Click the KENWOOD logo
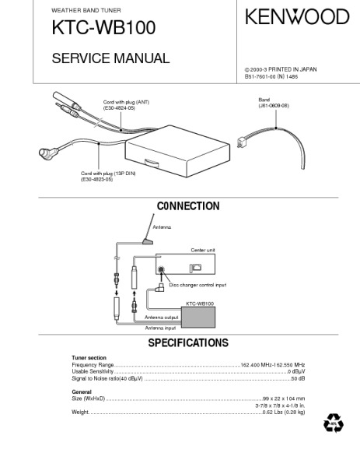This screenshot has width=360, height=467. coord(297,16)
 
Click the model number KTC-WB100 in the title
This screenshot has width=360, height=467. coord(103,28)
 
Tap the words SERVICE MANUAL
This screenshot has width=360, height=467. coord(110,58)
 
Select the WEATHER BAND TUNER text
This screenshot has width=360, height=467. coord(86,10)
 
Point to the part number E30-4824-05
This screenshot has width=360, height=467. coord(119,108)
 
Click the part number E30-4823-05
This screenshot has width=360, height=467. coord(96,180)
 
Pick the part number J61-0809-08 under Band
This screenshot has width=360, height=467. coord(274,105)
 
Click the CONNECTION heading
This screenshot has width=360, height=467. coord(188,206)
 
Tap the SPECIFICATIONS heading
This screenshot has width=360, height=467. coord(188,342)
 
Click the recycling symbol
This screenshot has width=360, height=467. coord(334,423)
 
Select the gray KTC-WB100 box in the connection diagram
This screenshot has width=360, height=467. coord(198,318)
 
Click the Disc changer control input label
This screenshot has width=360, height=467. coord(197,285)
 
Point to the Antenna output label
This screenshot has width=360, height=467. coord(162,318)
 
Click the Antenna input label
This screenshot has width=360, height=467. coord(160,328)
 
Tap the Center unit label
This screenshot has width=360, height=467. coord(203,250)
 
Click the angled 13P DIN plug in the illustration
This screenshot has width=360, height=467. coord(48,153)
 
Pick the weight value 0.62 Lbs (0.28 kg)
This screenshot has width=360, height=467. coord(284,413)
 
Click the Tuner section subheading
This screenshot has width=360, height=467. coord(89,358)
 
